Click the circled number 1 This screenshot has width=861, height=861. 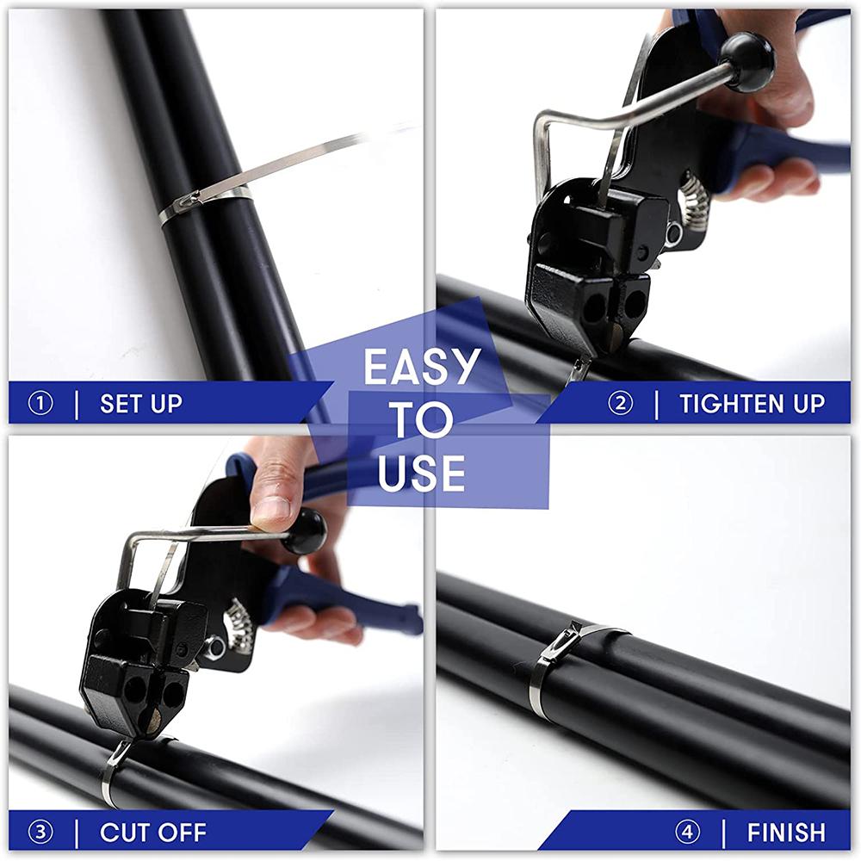point(40,404)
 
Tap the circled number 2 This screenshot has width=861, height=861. point(621,404)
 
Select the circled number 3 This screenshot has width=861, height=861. point(40,833)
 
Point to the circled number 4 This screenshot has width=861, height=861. point(687,833)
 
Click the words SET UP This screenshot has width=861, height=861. point(140,404)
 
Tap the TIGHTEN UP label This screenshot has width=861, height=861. point(753,404)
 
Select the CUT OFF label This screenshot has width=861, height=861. point(153,833)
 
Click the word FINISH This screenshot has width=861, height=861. point(786,833)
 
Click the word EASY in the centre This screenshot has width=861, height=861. point(422,367)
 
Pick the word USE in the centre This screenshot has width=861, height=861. point(421,472)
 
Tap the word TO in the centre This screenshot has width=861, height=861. point(423,419)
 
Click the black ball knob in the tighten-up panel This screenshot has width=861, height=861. point(746,61)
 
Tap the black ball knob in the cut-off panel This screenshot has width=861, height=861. point(304,531)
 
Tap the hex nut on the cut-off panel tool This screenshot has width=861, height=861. point(215,645)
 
